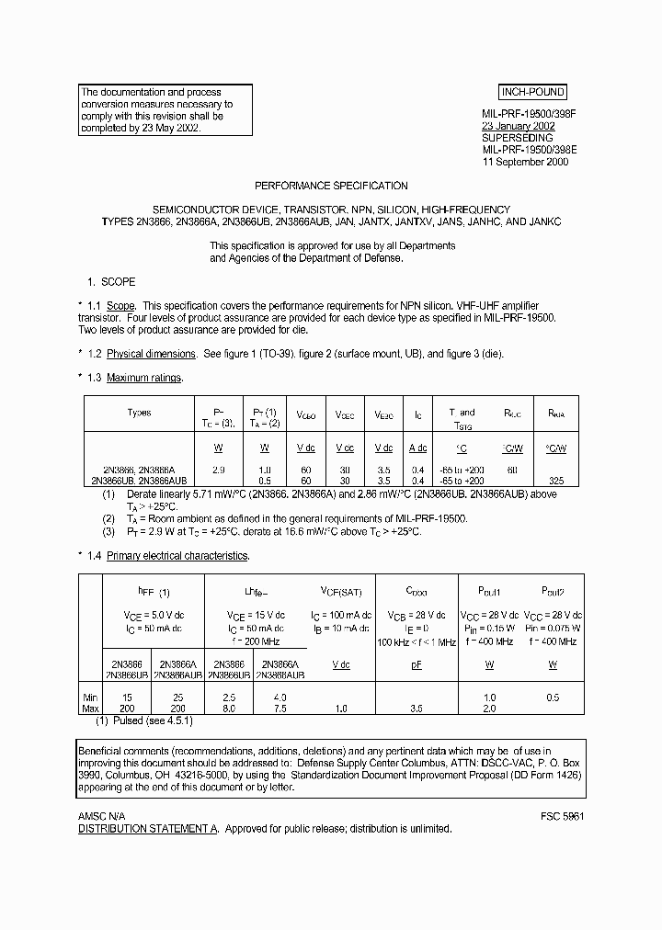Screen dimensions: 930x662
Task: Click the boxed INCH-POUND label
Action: [532, 92]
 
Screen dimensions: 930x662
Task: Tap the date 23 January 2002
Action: [518, 127]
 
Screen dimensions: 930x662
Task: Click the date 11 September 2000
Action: [525, 162]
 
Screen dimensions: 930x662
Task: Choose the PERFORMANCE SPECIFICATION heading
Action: [331, 186]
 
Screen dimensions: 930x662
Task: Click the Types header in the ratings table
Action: [139, 413]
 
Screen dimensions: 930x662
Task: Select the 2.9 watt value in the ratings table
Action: [218, 470]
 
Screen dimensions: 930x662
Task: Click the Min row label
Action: [90, 697]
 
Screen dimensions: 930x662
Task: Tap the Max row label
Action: [90, 709]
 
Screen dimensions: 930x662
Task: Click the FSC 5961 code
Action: [563, 816]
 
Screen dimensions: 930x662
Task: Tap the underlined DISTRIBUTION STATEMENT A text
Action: [147, 828]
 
